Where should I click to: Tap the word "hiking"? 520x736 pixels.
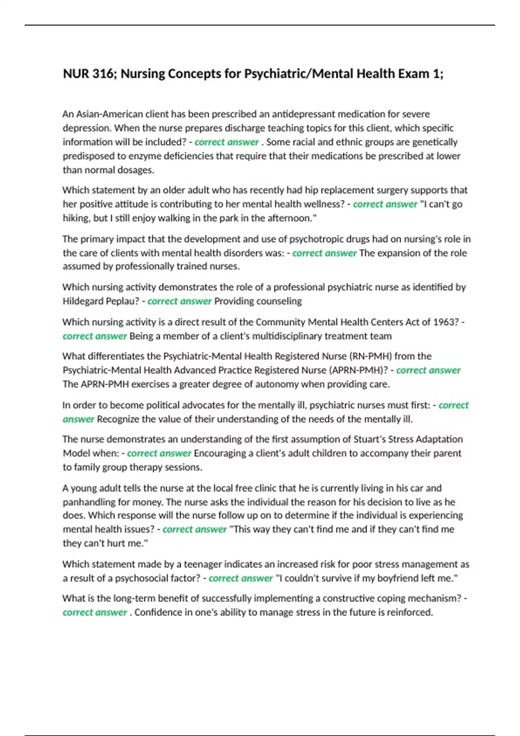[76, 218]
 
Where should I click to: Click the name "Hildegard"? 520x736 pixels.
[83, 301]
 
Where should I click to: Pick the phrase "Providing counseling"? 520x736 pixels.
[258, 301]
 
